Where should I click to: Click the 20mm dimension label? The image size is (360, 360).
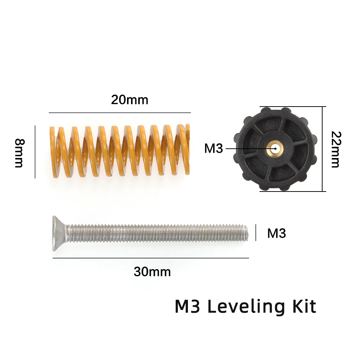pyautogui.click(x=130, y=100)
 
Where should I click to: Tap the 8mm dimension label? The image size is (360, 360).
pyautogui.click(x=19, y=153)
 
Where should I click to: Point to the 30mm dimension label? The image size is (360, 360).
pyautogui.click(x=152, y=272)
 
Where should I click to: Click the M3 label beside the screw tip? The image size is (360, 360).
pyautogui.click(x=276, y=233)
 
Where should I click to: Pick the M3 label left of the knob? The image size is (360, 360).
pyautogui.click(x=213, y=148)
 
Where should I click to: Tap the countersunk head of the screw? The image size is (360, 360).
pyautogui.click(x=59, y=234)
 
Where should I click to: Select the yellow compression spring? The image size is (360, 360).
pyautogui.click(x=120, y=151)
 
